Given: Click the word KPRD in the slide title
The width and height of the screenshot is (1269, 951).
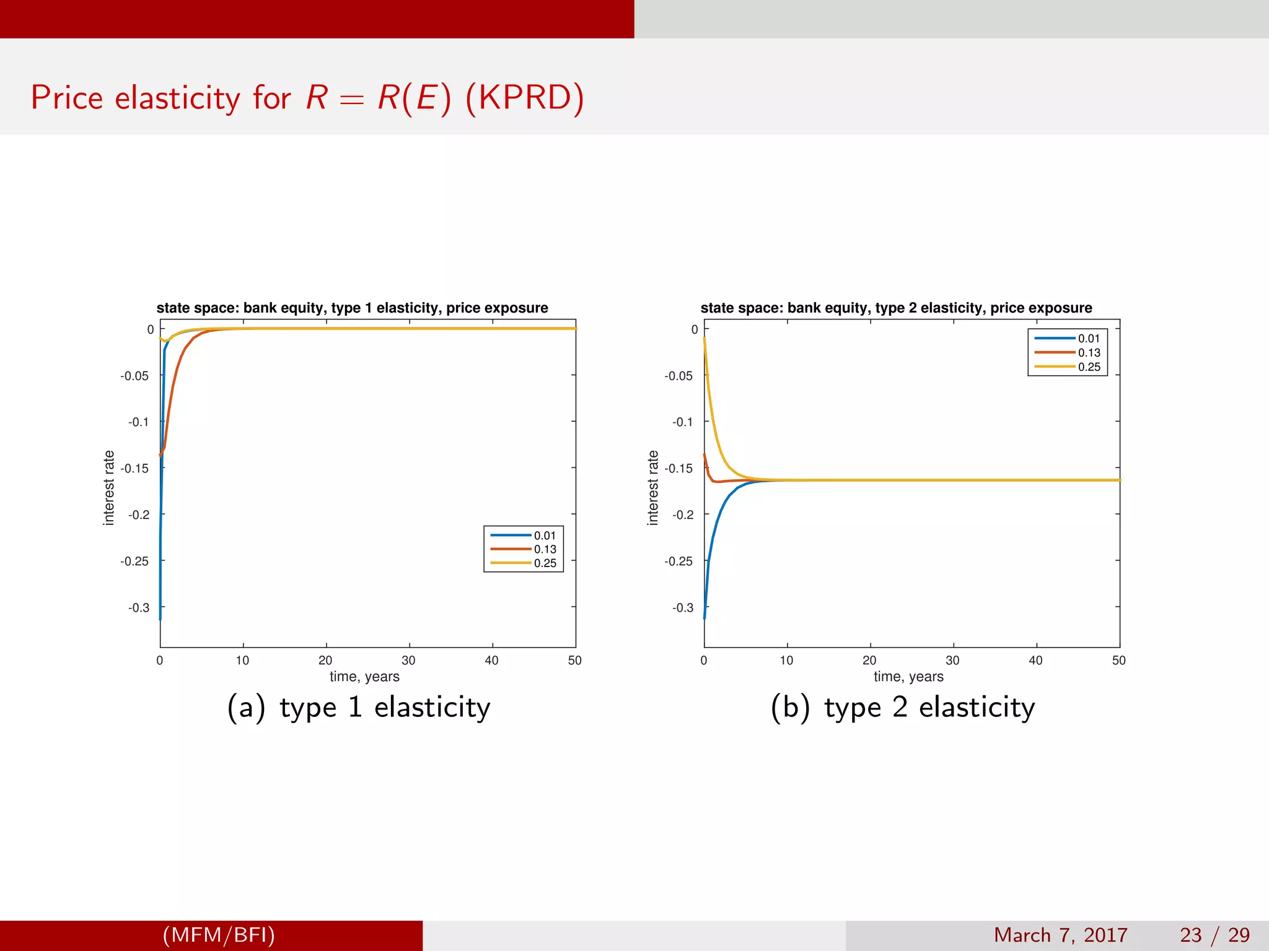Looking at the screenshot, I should (x=524, y=98).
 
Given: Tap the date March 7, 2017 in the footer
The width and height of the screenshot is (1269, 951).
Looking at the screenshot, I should (x=1060, y=935).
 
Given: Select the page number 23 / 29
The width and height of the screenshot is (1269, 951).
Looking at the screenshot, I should (x=1214, y=935).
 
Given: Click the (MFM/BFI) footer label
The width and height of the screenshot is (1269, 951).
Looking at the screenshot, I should (x=219, y=935).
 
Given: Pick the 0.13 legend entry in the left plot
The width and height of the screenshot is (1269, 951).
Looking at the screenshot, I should (x=545, y=549).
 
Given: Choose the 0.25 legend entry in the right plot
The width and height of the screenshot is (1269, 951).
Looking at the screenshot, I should (x=1089, y=367).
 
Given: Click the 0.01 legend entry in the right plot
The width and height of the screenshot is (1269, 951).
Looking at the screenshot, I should (x=1089, y=339).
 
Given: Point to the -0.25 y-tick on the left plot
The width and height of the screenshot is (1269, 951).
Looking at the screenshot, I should (x=134, y=561).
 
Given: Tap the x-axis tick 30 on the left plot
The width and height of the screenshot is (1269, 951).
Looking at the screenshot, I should (x=408, y=661).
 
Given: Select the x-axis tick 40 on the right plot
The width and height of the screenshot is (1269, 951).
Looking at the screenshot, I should (x=1035, y=661).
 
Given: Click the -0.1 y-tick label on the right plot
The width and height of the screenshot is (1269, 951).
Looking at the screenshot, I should (x=682, y=422).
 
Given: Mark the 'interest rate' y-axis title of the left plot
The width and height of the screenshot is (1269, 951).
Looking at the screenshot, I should (x=109, y=488).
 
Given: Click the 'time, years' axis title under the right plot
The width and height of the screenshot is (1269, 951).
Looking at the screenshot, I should (x=908, y=677).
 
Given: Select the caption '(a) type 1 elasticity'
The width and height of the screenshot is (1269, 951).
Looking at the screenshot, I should (x=359, y=708).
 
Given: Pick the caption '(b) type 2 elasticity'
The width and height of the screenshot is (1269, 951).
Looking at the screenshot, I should (x=903, y=708).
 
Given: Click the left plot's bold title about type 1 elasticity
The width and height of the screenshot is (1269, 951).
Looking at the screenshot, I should (x=352, y=308).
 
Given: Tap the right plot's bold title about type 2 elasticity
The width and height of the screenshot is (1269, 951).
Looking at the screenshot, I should (x=896, y=308).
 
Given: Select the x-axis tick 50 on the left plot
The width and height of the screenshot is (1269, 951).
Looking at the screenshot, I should (x=574, y=661).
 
